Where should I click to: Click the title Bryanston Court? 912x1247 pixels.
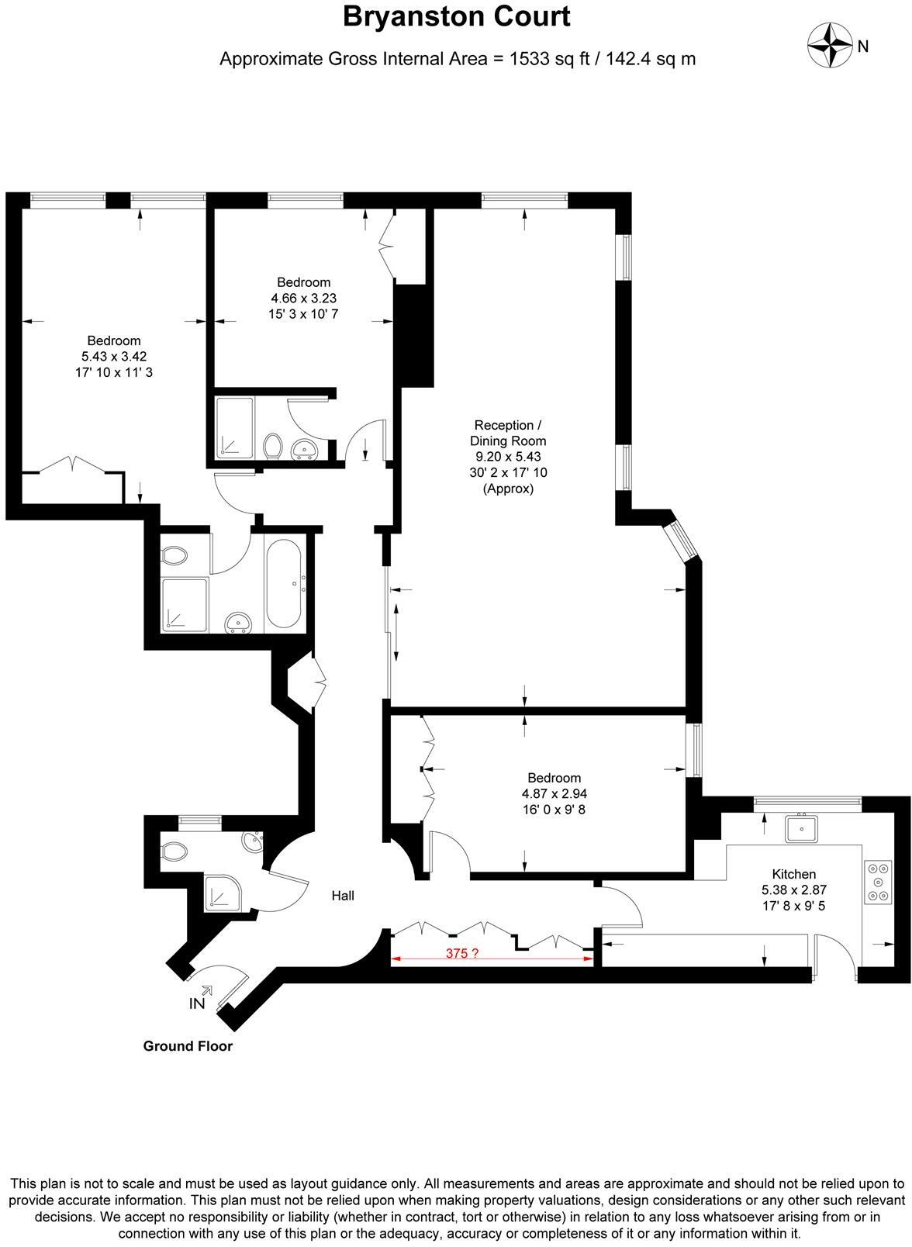coord(456,17)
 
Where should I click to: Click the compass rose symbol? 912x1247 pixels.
coord(827,45)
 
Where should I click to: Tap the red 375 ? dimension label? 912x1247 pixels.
coord(461,954)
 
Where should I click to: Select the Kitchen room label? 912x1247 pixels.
coord(793,873)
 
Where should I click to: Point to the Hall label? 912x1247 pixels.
coord(343,896)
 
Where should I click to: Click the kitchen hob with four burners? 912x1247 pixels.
coord(878,883)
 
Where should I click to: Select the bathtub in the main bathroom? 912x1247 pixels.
coord(284,584)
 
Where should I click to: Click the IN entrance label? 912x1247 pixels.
coord(197,1003)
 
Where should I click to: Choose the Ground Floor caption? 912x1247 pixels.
coord(188,1046)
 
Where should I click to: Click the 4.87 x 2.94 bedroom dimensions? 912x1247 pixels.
coord(554,794)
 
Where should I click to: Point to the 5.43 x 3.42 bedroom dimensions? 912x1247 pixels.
coord(114,357)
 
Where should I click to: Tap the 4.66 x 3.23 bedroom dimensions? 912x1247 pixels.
coord(303,299)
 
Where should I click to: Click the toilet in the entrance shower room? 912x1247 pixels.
coord(175,850)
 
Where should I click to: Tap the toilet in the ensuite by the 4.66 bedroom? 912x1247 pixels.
coord(272,447)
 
